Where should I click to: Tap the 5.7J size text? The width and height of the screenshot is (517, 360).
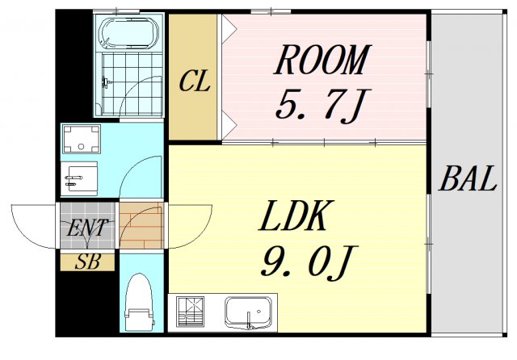[x=322, y=105]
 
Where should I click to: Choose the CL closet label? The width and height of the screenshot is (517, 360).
[x=194, y=81]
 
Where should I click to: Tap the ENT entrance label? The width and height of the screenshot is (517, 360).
[x=87, y=228]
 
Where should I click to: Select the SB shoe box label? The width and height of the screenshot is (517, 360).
[x=87, y=262]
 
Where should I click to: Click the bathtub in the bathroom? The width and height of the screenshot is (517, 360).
[x=129, y=34]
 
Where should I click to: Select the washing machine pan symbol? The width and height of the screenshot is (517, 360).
[x=82, y=140]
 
